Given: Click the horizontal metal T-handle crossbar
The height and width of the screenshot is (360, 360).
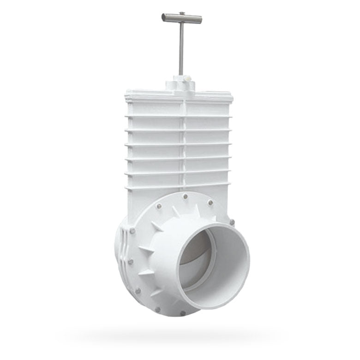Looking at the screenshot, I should (182, 18).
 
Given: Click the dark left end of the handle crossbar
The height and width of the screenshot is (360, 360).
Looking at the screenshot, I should (163, 17).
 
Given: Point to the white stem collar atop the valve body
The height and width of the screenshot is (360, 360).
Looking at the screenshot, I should (180, 84).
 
